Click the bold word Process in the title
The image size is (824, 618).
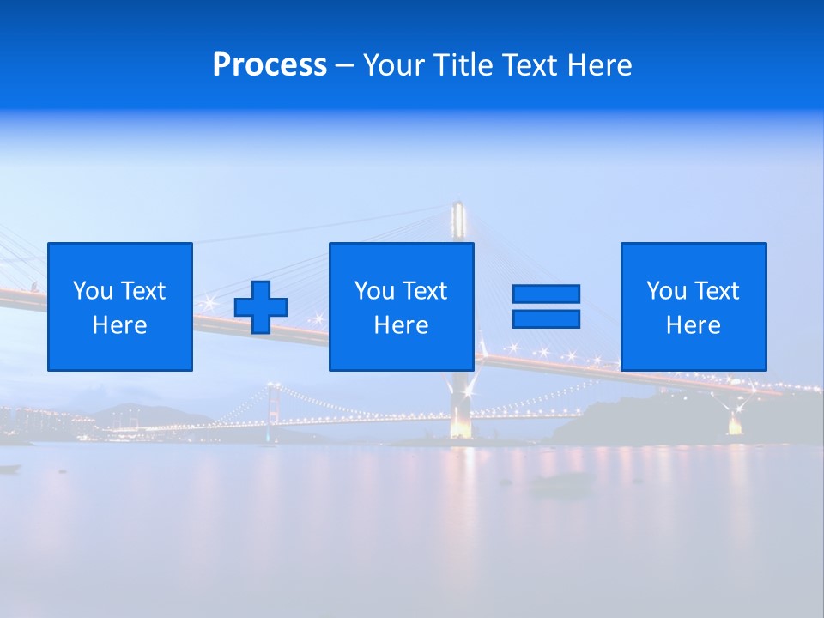[270, 65]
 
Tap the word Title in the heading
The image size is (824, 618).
[463, 65]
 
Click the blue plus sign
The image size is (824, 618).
[261, 307]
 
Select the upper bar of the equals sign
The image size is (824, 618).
[546, 294]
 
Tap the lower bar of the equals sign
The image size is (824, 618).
[546, 318]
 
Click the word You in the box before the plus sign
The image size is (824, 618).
[93, 291]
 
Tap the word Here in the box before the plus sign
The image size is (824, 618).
[120, 325]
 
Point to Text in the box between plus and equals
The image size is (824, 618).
[425, 291]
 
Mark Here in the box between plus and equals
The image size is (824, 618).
[401, 325]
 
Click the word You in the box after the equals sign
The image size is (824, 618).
[666, 291]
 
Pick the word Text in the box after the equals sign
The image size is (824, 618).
[717, 291]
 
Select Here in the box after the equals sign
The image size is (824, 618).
[694, 325]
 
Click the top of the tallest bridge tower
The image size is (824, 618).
[458, 206]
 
